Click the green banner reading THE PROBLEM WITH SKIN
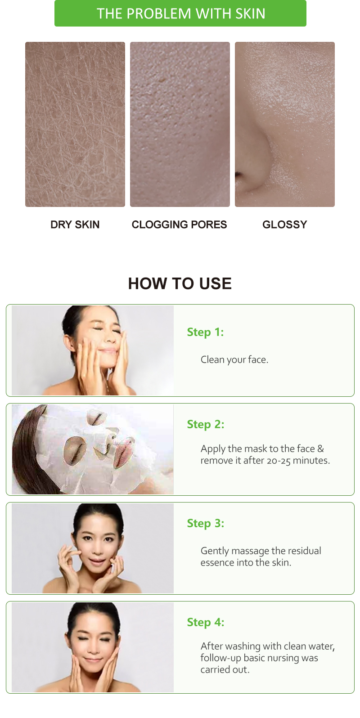(x=180, y=13)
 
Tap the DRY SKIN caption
(x=75, y=224)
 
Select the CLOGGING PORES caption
(x=179, y=224)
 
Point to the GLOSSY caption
(x=284, y=224)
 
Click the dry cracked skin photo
(x=75, y=124)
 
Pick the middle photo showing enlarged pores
(x=180, y=124)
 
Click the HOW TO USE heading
(x=180, y=283)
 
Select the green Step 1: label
(x=205, y=332)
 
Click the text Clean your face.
(x=234, y=359)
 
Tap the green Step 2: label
(x=205, y=424)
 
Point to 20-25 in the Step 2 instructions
(x=279, y=461)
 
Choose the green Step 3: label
(x=205, y=523)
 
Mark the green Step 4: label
(x=205, y=622)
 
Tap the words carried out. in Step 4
(x=225, y=669)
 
